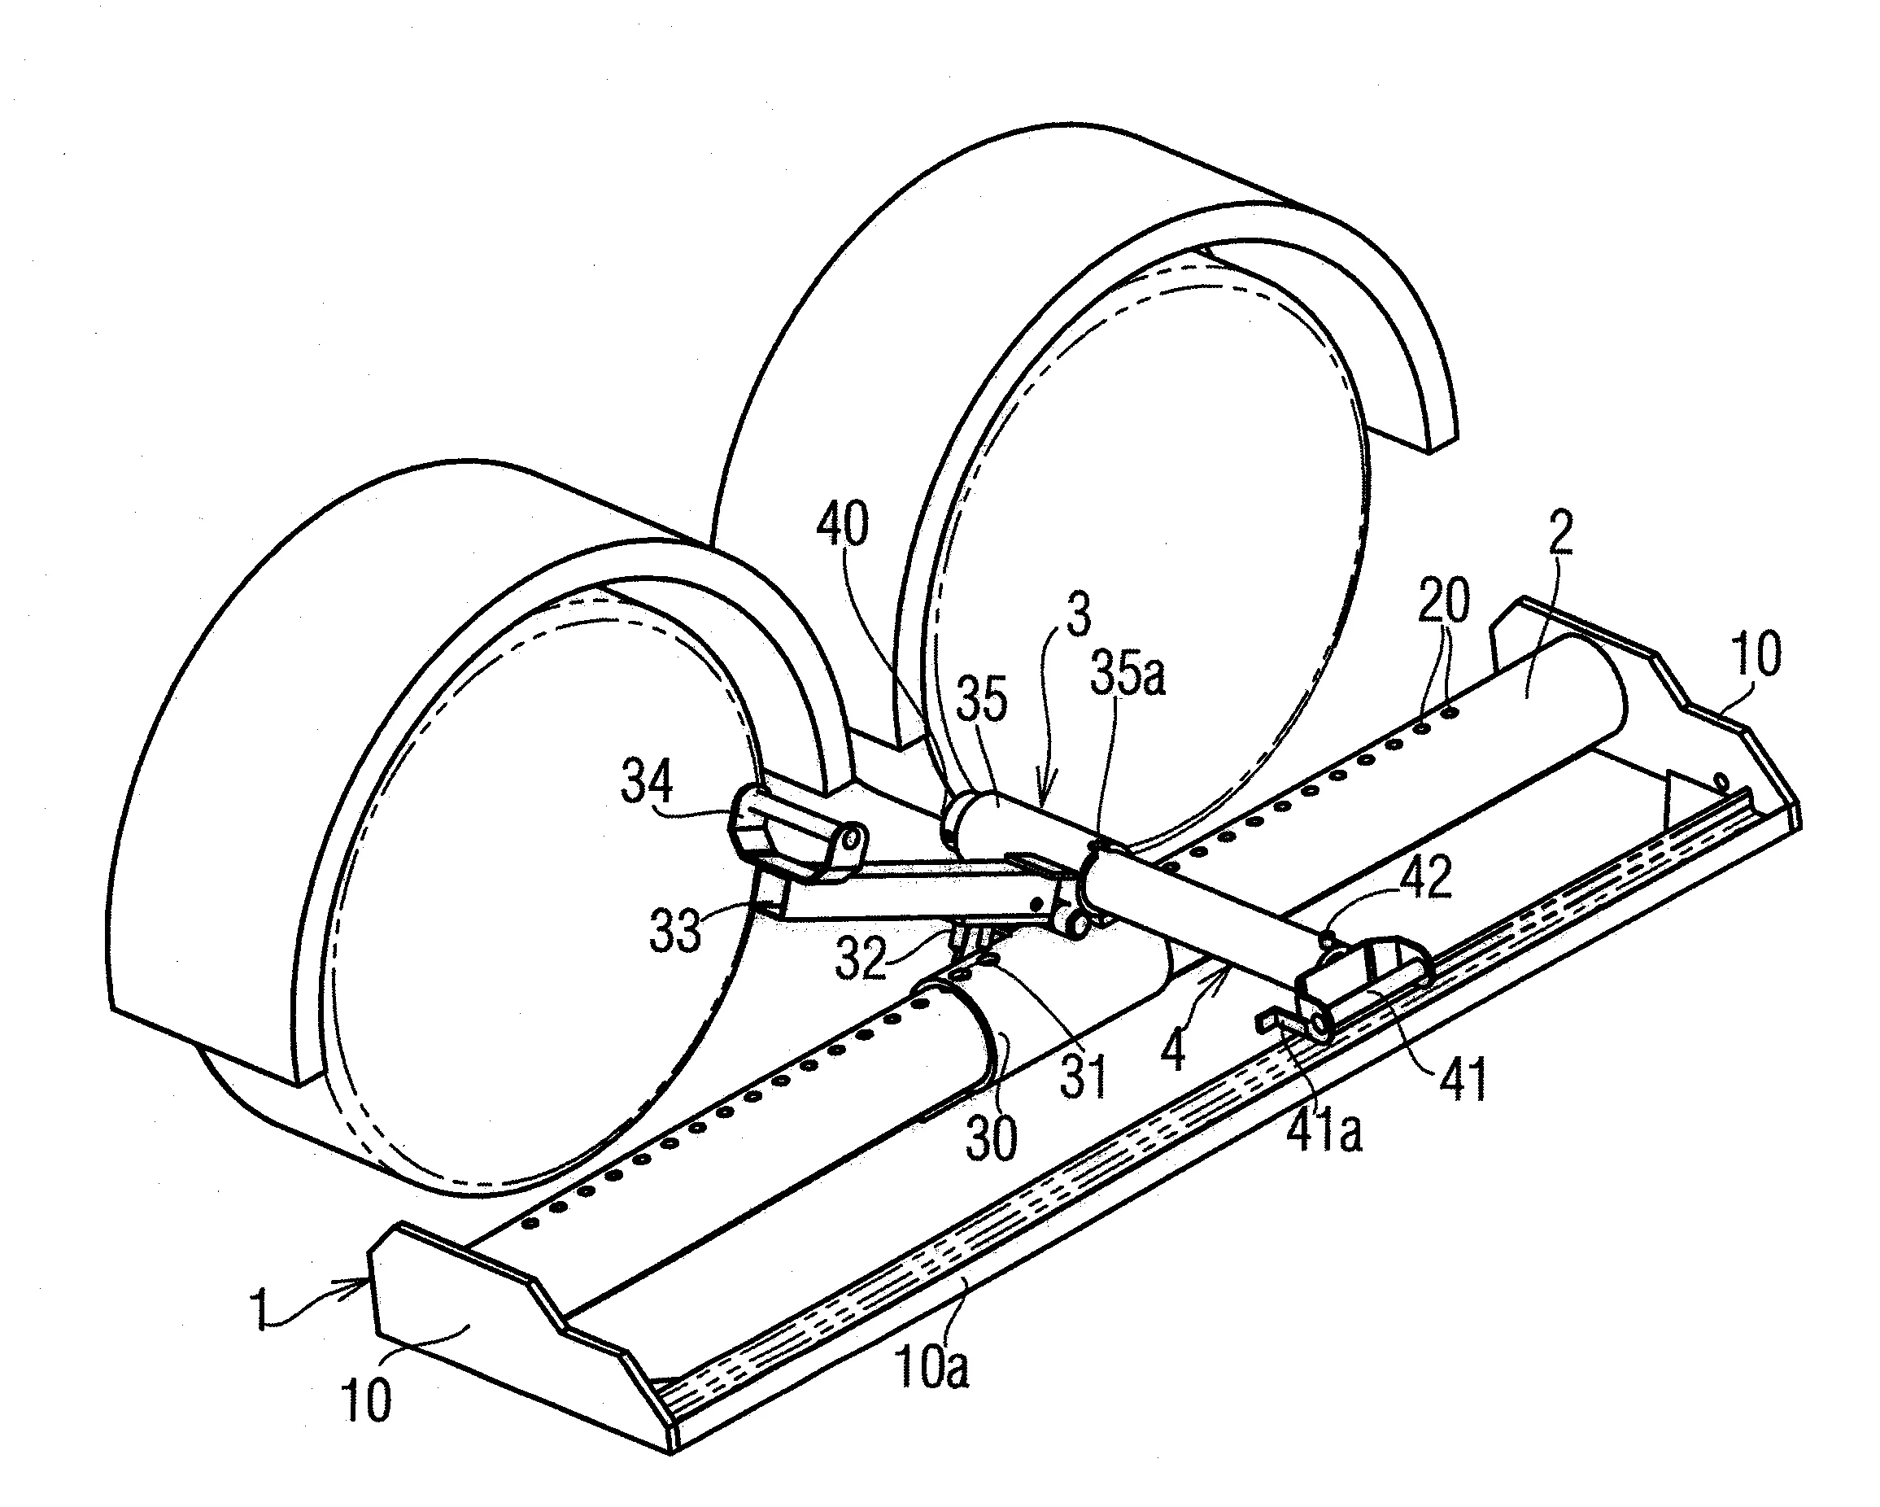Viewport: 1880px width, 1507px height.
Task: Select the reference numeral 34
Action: click(646, 780)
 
